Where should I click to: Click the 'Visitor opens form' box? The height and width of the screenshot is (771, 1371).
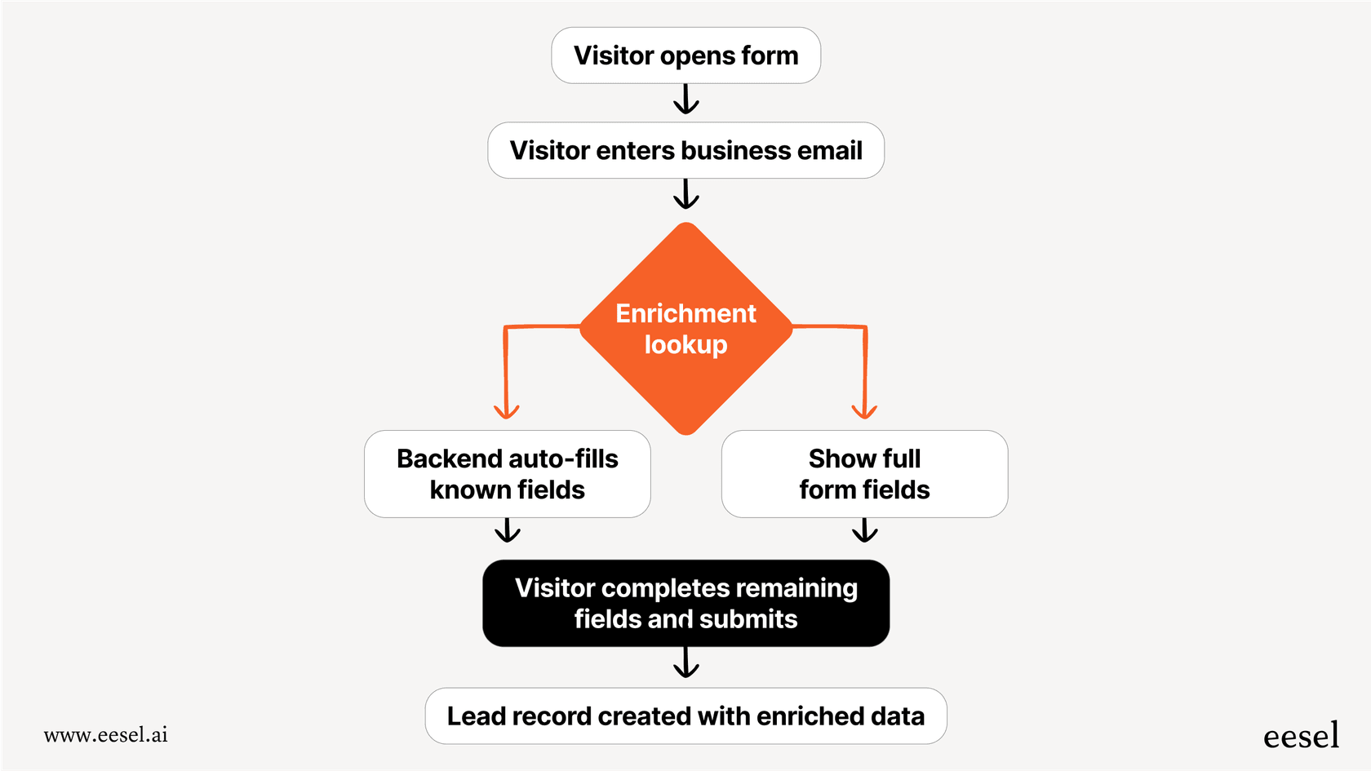click(x=685, y=55)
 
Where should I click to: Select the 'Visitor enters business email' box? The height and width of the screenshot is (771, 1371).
click(x=685, y=151)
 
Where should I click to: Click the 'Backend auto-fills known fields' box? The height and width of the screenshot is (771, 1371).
click(x=507, y=474)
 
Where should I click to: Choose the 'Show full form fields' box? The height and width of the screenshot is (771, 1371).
click(x=864, y=474)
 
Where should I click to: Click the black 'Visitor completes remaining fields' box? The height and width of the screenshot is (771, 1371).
click(x=685, y=603)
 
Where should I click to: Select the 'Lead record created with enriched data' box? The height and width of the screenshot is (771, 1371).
click(x=685, y=716)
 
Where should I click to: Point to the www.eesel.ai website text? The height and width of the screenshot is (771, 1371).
click(x=106, y=734)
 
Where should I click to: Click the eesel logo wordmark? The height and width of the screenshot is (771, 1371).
click(x=1301, y=736)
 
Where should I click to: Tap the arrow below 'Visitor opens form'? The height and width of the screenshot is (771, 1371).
click(x=685, y=101)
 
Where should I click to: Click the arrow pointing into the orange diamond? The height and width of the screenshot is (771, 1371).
click(x=685, y=196)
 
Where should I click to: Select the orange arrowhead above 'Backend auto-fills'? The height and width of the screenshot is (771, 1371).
click(x=506, y=410)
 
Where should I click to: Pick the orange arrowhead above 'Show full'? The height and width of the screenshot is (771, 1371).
click(x=864, y=410)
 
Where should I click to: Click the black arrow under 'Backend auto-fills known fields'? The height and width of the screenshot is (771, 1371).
click(x=507, y=531)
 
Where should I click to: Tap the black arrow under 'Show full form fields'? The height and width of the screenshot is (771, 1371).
click(x=864, y=531)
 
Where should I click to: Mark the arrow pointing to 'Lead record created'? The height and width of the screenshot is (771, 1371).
click(x=685, y=664)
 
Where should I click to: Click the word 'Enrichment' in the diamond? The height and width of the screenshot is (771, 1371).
click(x=685, y=314)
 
